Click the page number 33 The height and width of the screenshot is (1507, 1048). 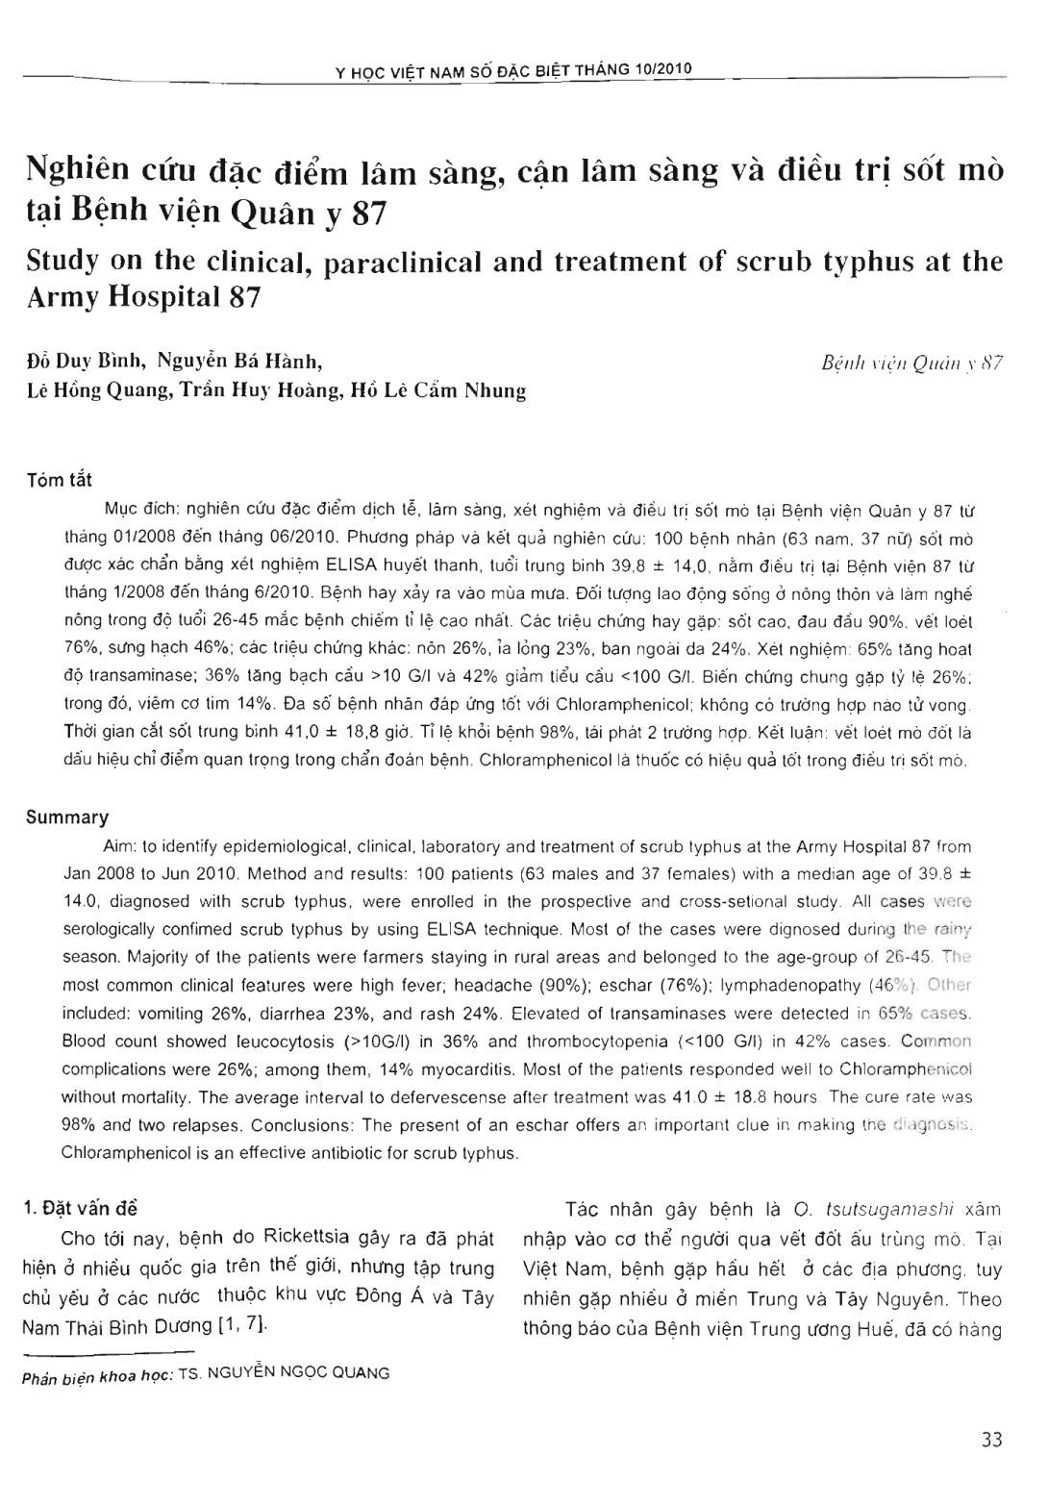coord(992,1440)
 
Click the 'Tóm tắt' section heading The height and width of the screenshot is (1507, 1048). coord(59,480)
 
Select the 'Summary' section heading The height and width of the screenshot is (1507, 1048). coord(66,817)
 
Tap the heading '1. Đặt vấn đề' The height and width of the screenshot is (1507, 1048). coord(85,1209)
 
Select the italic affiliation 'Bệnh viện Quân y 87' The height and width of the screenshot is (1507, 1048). coord(912,364)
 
